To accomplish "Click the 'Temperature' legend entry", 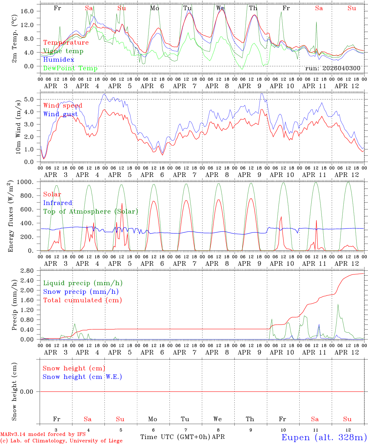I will tap(66, 43).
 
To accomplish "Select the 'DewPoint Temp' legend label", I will tap(70, 68).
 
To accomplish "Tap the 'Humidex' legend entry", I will tap(59, 60).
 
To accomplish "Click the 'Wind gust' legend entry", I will tap(61, 114).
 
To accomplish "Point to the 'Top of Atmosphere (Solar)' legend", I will tap(91, 212).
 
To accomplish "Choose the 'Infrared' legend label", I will tap(58, 203).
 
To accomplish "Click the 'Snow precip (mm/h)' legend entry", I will tap(81, 292).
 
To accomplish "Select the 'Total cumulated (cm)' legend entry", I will tap(83, 300).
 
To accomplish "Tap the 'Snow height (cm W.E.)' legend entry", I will tap(82, 377).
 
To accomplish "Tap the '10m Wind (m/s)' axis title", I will tap(18, 126).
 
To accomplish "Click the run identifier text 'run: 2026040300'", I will tap(333, 68).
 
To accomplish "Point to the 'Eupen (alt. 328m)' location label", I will tap(324, 437).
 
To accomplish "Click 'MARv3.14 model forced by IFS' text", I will tap(43, 434).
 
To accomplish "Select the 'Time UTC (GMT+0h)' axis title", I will tap(175, 437).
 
